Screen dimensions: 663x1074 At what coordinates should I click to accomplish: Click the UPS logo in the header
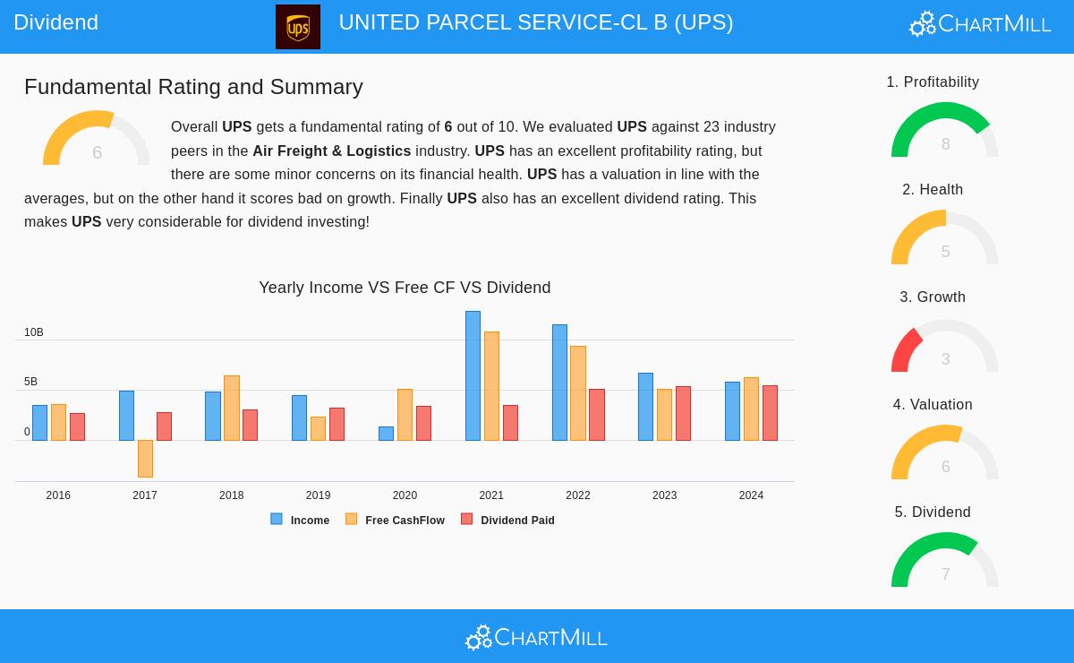click(298, 26)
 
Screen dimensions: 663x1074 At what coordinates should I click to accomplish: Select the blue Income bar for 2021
click(473, 376)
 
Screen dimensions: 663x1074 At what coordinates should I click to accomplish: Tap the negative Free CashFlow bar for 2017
click(145, 458)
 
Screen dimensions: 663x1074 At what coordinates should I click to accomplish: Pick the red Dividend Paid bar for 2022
click(596, 415)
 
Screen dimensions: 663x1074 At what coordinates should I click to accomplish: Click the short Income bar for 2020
click(386, 434)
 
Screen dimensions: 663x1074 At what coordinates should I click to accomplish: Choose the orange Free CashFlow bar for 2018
click(232, 408)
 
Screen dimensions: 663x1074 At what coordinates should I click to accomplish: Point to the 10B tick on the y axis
click(34, 332)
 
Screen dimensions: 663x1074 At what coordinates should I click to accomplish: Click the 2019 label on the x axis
click(318, 495)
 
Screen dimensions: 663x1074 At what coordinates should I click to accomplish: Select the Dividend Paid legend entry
click(508, 520)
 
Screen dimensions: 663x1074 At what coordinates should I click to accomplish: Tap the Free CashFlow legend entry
click(396, 520)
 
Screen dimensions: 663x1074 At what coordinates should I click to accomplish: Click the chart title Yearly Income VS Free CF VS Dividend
click(405, 288)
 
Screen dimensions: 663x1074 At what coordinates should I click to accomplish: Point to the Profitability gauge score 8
click(945, 144)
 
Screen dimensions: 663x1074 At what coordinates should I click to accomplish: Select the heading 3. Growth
click(933, 297)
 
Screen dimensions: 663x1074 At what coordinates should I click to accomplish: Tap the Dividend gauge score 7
click(945, 574)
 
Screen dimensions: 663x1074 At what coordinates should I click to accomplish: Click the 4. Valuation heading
click(933, 404)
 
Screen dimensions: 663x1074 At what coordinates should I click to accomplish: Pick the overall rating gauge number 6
click(97, 152)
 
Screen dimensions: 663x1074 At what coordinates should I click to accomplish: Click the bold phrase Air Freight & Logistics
click(331, 151)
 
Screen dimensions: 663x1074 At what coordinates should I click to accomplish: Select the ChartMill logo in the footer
click(536, 637)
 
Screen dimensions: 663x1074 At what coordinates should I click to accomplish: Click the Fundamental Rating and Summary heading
click(193, 87)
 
